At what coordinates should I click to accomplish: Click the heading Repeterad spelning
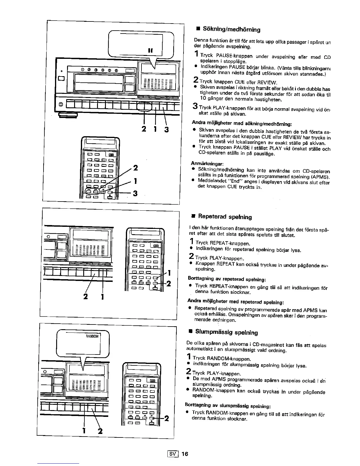point(225,217)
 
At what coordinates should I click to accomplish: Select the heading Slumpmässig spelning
point(226,332)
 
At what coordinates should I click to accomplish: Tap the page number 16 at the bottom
point(185,454)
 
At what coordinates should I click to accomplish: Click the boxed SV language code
point(174,454)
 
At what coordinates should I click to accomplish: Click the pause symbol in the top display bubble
point(152,50)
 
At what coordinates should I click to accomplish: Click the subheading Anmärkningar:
point(207,163)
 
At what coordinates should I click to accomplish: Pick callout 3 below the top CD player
point(166,129)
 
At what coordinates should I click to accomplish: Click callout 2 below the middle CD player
point(86,297)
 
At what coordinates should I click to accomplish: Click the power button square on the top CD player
point(61,78)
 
